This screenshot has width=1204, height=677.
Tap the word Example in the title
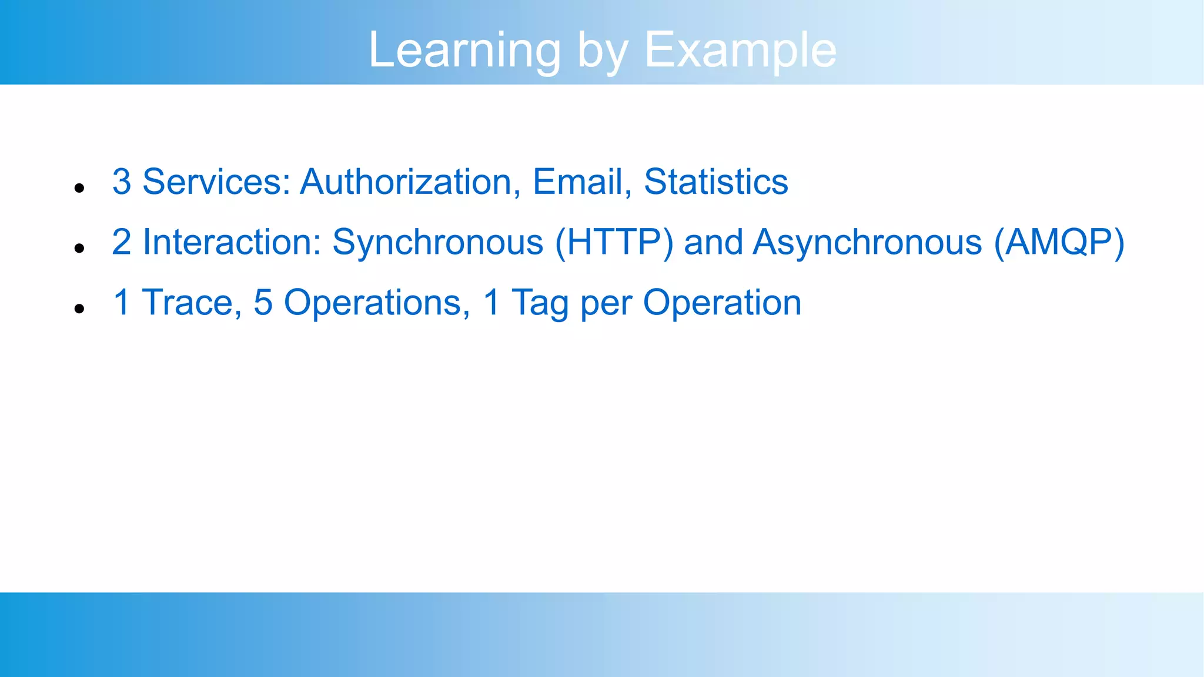pos(740,51)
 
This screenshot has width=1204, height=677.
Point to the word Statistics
pos(715,182)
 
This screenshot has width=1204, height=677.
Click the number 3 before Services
pos(122,182)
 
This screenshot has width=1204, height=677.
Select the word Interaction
pos(232,242)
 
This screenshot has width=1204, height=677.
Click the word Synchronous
pos(437,242)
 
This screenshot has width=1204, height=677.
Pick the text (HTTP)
pos(614,242)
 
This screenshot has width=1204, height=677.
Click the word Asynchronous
pos(867,242)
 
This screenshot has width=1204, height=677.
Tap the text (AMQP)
pos(1059,242)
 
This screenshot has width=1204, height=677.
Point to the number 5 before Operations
pos(263,303)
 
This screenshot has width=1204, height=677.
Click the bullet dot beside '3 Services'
pos(80,188)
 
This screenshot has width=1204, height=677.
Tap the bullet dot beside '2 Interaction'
pos(80,249)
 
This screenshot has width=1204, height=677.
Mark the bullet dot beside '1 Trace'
pos(80,309)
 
